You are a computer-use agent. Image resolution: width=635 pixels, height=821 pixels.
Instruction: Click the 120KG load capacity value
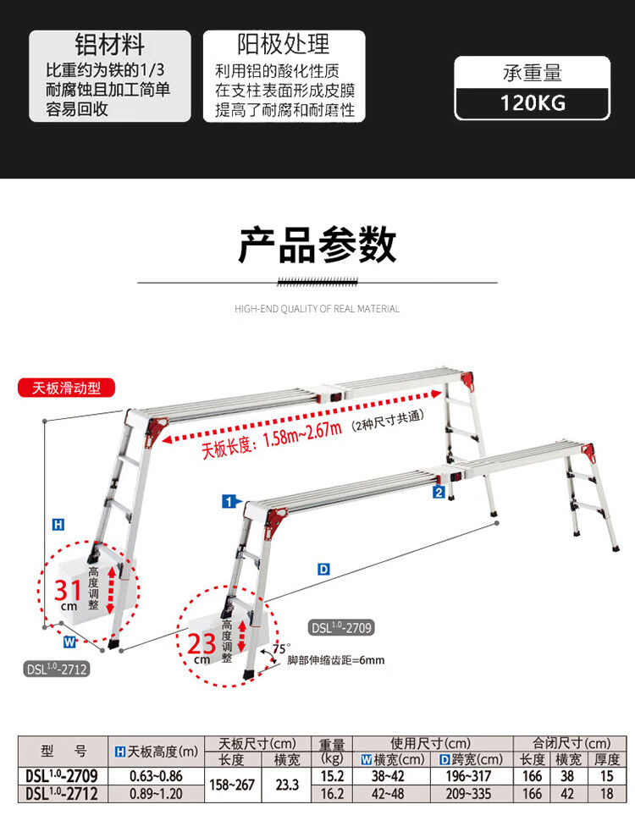pyautogui.click(x=533, y=102)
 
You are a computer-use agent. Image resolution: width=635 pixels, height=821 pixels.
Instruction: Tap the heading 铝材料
pyautogui.click(x=109, y=44)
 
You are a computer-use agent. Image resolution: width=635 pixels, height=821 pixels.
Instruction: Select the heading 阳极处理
pyautogui.click(x=284, y=44)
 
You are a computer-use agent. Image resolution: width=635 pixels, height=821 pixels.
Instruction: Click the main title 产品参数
pyautogui.click(x=317, y=245)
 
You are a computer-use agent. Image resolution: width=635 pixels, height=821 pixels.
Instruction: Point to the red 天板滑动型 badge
pyautogui.click(x=67, y=388)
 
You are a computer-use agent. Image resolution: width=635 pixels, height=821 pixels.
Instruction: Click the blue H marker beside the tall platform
pyautogui.click(x=58, y=524)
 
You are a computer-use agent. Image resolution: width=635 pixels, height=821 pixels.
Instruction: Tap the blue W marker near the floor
pyautogui.click(x=69, y=641)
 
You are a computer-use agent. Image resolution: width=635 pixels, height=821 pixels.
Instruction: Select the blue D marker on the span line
pyautogui.click(x=323, y=569)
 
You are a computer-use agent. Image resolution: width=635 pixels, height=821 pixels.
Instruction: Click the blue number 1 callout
pyautogui.click(x=229, y=502)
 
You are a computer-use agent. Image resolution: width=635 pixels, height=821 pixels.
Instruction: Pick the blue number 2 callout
pyautogui.click(x=439, y=492)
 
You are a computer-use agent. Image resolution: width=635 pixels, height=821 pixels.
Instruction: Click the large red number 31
pyautogui.click(x=68, y=590)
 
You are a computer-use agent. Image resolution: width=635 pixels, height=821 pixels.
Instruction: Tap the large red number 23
pyautogui.click(x=202, y=643)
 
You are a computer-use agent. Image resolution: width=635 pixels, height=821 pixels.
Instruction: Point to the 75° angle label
pyautogui.click(x=280, y=648)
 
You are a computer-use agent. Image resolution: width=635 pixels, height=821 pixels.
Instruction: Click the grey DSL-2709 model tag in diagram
pyautogui.click(x=341, y=627)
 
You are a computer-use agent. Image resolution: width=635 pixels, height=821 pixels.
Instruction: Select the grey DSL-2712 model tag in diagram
pyautogui.click(x=57, y=669)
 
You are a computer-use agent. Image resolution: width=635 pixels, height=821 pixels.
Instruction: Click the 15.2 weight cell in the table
pyautogui.click(x=332, y=776)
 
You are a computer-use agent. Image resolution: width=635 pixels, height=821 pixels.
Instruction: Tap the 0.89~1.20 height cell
pyautogui.click(x=156, y=794)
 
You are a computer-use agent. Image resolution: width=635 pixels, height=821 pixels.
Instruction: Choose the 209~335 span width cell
pyautogui.click(x=468, y=794)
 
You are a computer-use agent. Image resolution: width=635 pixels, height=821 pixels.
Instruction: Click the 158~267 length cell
pyautogui.click(x=232, y=785)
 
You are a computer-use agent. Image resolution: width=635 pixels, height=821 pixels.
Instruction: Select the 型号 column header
pyautogui.click(x=63, y=752)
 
